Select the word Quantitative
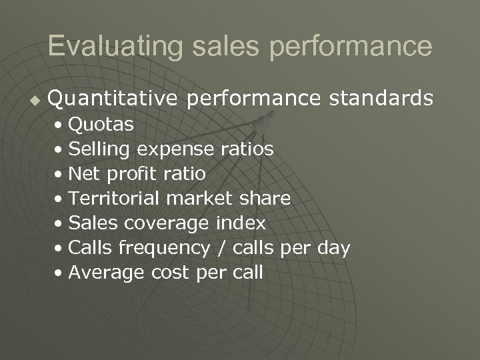tap(113, 99)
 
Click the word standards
tap(381, 99)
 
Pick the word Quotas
tap(101, 124)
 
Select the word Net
tap(83, 174)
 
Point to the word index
tap(241, 223)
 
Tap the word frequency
tap(163, 248)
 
